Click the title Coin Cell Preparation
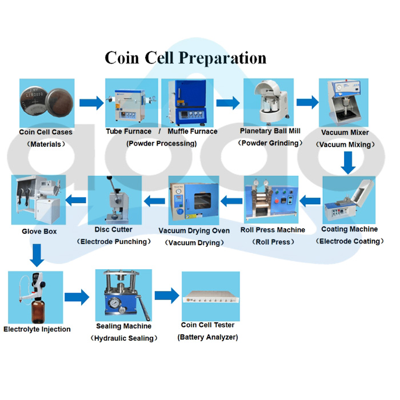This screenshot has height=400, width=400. tap(185, 58)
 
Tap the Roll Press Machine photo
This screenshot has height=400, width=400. tap(271, 200)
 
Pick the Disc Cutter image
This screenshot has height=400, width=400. tap(114, 200)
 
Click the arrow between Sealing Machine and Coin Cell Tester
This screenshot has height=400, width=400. tap(166, 296)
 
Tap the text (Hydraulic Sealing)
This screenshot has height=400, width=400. tap(123, 338)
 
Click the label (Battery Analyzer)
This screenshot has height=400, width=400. tap(208, 337)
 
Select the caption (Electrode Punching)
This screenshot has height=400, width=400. tap(114, 241)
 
